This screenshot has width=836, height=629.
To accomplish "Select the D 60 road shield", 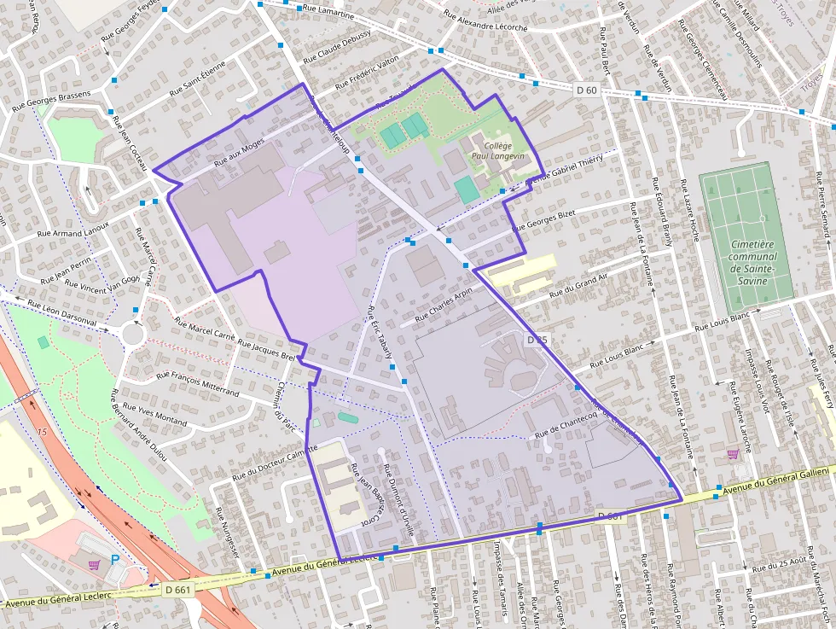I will pos(586,90).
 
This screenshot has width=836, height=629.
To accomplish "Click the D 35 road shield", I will pos(537,340).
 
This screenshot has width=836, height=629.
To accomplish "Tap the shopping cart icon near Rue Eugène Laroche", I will pos(732,454).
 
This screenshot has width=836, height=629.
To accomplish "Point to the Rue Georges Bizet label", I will pos(544,220).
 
